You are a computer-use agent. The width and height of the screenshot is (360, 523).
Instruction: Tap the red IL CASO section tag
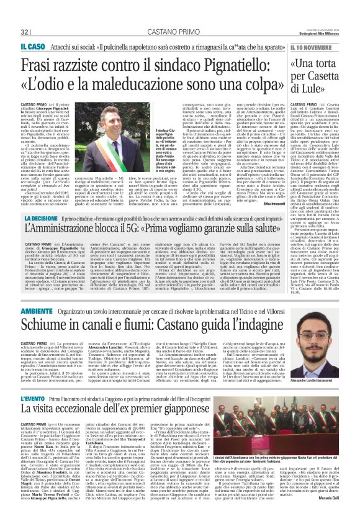[31, 47]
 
